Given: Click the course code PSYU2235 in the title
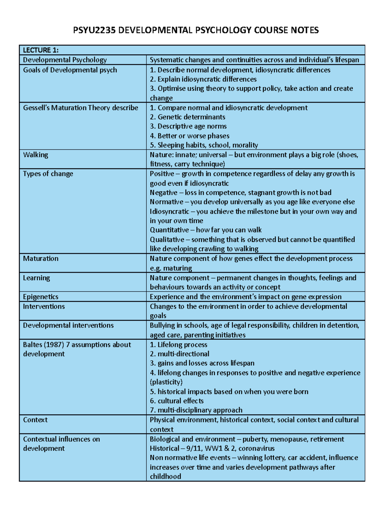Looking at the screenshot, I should coord(94,30).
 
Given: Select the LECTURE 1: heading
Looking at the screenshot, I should coord(41,50).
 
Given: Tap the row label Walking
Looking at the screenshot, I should coord(35,155).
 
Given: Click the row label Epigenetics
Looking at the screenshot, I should coord(41,296).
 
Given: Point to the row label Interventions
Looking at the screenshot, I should coord(44,306).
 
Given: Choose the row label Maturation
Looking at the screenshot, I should coord(41,259).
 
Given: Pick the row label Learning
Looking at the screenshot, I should coord(36,278).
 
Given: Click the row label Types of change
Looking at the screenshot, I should coord(48,174).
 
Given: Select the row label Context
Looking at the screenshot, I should coord(35,420).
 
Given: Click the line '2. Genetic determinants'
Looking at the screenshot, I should coord(188,117).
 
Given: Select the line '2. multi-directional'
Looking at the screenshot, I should coord(179,354).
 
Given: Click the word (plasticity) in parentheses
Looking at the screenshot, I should coord(166,382).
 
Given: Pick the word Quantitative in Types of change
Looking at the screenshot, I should coord(169,230).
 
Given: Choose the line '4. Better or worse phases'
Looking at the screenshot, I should coord(189,136).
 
